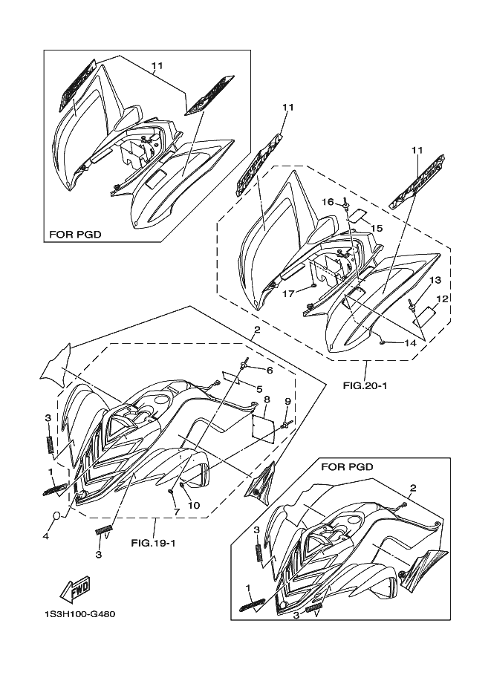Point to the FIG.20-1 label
(x=365, y=386)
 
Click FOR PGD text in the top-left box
(x=75, y=235)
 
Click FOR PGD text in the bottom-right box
(x=347, y=466)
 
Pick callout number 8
(x=266, y=400)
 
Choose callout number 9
(x=288, y=401)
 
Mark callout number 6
(x=270, y=370)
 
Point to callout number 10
(x=194, y=505)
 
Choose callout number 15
(x=377, y=228)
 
